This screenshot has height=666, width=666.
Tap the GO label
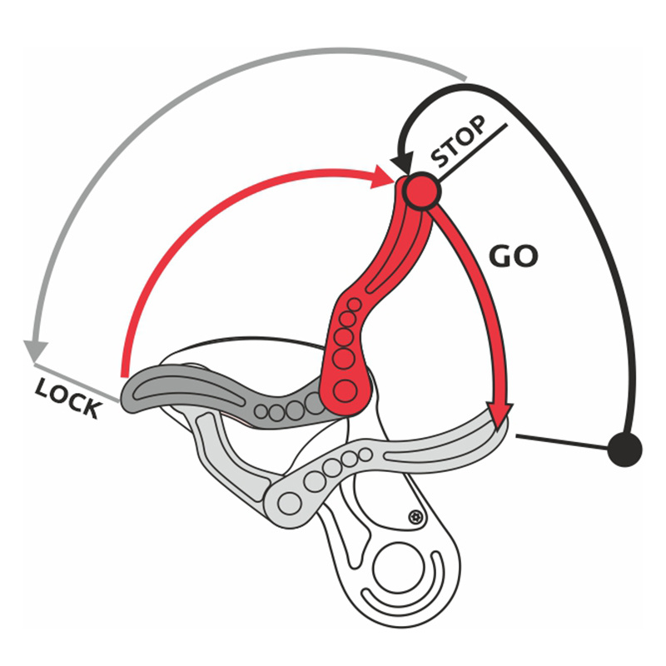click(514, 255)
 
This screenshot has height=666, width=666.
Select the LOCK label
click(69, 397)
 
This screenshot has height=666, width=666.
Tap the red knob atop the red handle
click(420, 191)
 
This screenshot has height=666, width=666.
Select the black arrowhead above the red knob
click(403, 161)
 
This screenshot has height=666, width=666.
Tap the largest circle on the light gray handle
click(291, 502)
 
